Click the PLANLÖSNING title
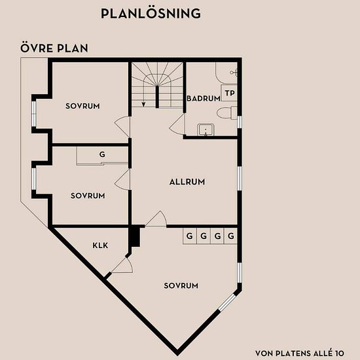[151, 13]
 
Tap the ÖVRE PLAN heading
[54, 48]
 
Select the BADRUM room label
[204, 98]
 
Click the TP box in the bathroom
[230, 93]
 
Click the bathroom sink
[206, 130]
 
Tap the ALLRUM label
[187, 182]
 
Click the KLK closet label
[100, 245]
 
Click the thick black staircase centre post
[157, 97]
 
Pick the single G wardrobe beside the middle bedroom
[102, 154]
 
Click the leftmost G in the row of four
[190, 236]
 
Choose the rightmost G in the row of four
[231, 236]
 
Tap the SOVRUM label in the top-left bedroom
[82, 106]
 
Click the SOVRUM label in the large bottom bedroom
[181, 285]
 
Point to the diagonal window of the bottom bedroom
[227, 303]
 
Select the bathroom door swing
[177, 124]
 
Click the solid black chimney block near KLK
[135, 237]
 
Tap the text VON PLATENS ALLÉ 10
[300, 353]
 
